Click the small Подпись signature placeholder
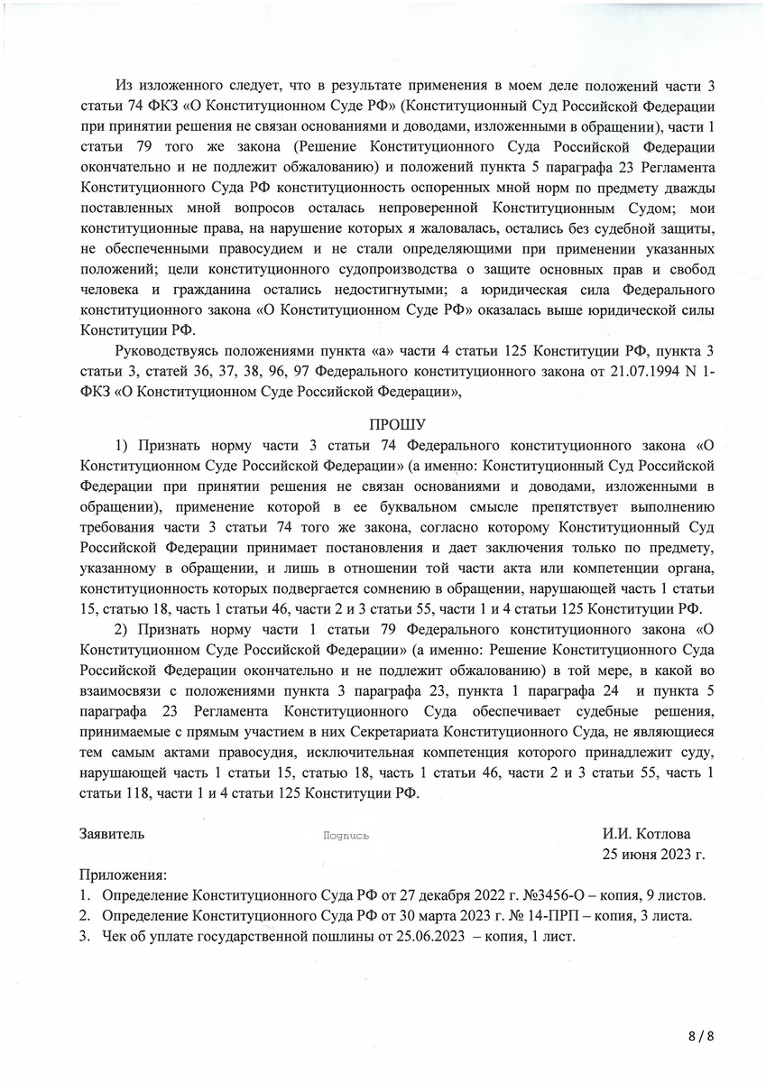pyautogui.click(x=346, y=837)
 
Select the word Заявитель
pyautogui.click(x=111, y=835)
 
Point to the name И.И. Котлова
pyautogui.click(x=645, y=835)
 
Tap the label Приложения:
pyautogui.click(x=123, y=875)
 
